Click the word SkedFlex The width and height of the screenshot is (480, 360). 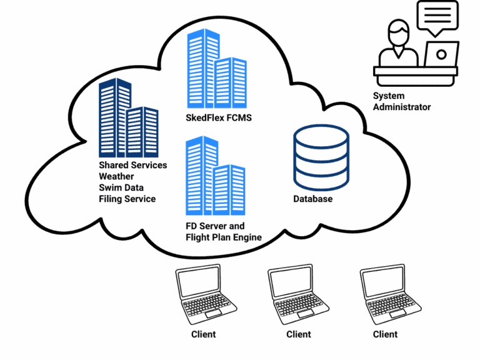pos(206,117)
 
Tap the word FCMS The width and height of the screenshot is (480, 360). pos(240,117)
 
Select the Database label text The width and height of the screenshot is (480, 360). pos(312,199)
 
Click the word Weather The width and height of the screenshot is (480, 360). pos(116,176)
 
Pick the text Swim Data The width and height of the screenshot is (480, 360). pos(121,187)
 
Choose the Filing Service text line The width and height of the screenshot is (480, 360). pos(127,199)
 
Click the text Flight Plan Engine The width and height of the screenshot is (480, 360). pos(223,237)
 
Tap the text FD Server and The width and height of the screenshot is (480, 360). pos(215,226)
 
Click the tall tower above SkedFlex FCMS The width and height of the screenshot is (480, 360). pos(203,69)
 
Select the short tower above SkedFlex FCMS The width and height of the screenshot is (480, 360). pos(231,84)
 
